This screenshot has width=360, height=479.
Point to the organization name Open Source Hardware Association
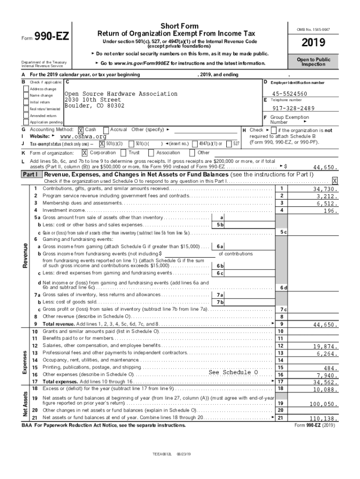click(114, 94)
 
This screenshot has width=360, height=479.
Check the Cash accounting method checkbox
click(80, 130)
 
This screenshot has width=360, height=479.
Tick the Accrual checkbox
click(106, 130)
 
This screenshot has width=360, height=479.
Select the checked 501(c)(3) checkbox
click(101, 144)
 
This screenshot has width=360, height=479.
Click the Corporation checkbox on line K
click(85, 152)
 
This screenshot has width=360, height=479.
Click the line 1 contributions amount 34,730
click(325, 189)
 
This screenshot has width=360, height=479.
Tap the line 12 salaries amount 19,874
click(325, 347)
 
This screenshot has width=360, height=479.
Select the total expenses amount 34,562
click(325, 382)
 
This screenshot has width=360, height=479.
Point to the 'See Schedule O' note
click(233, 372)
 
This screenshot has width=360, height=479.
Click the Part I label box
click(30, 174)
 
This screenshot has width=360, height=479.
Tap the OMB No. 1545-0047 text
click(317, 29)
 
